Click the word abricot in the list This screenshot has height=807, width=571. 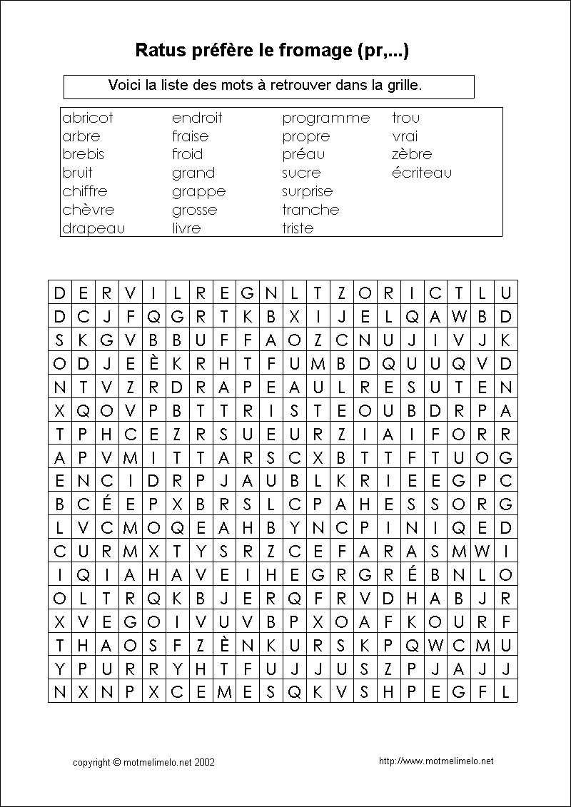point(88,118)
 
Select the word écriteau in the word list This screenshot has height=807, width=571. point(421,173)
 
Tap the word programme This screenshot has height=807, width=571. point(325,118)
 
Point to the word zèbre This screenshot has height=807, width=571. point(412,154)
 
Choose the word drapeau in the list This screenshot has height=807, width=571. point(94,228)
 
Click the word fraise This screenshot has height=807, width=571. point(190,136)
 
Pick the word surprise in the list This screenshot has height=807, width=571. point(307,191)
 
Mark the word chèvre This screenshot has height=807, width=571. point(88,210)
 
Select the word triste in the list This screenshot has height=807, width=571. point(298,228)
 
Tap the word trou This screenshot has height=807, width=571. point(405,118)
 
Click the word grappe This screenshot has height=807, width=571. point(198,191)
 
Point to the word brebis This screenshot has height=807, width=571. point(83,154)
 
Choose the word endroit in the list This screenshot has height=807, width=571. point(197,118)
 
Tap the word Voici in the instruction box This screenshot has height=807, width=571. point(124,85)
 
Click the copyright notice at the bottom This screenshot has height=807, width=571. point(143,762)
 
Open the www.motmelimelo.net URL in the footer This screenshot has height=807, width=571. point(436,761)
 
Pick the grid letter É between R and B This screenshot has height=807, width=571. point(412,575)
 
